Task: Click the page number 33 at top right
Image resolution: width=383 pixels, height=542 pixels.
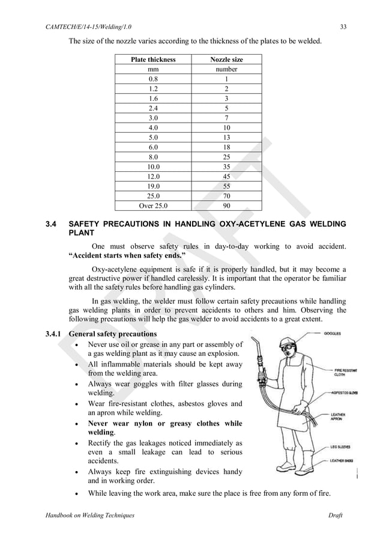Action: [x=342, y=26]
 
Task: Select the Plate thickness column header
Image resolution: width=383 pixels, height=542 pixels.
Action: [x=153, y=59]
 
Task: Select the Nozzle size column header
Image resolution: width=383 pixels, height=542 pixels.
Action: [x=226, y=59]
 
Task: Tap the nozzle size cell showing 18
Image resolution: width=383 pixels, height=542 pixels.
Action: [x=226, y=146]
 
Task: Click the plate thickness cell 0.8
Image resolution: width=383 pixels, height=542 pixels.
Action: [x=153, y=79]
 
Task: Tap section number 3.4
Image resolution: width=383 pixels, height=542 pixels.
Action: [x=52, y=225]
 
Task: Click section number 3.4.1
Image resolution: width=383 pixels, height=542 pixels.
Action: [x=55, y=333]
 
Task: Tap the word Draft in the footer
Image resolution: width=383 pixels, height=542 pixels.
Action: [x=336, y=516]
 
